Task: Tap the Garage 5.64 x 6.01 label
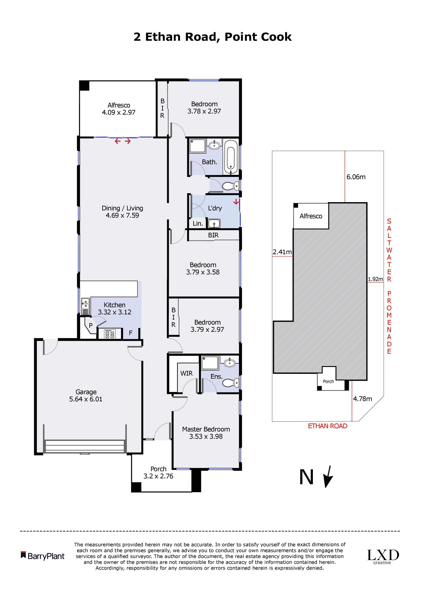point(86,396)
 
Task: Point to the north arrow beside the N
point(328,476)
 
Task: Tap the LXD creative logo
point(383,557)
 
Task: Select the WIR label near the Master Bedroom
point(186,373)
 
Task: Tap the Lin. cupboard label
point(198,223)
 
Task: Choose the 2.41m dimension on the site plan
point(282,252)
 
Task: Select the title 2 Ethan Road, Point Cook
point(213,37)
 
